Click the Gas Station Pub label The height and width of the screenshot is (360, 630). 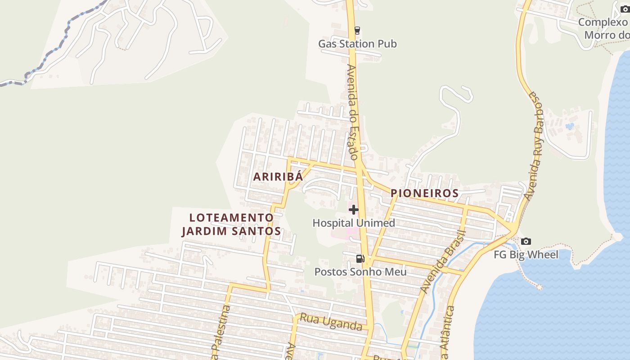(357, 44)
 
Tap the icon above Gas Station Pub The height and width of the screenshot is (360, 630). (357, 31)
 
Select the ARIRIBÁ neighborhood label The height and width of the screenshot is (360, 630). (278, 177)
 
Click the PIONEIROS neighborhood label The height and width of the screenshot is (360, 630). (424, 193)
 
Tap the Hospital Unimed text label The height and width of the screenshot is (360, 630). (354, 223)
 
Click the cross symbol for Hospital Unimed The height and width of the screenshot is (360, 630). (354, 209)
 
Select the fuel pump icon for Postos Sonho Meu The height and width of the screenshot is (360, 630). (360, 258)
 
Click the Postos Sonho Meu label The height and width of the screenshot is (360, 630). (360, 272)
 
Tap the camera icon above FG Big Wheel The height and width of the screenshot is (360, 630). (526, 242)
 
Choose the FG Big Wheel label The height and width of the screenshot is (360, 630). (526, 255)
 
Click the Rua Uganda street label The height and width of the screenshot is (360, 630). (331, 322)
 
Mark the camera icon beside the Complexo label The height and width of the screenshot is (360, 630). (625, 9)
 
